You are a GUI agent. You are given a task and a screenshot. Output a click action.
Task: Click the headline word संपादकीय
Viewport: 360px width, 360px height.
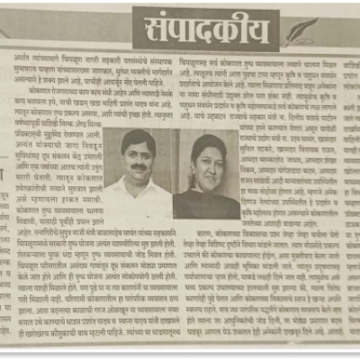pos(205,30)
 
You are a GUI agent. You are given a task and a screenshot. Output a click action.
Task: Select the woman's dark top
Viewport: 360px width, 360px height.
pos(207,205)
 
